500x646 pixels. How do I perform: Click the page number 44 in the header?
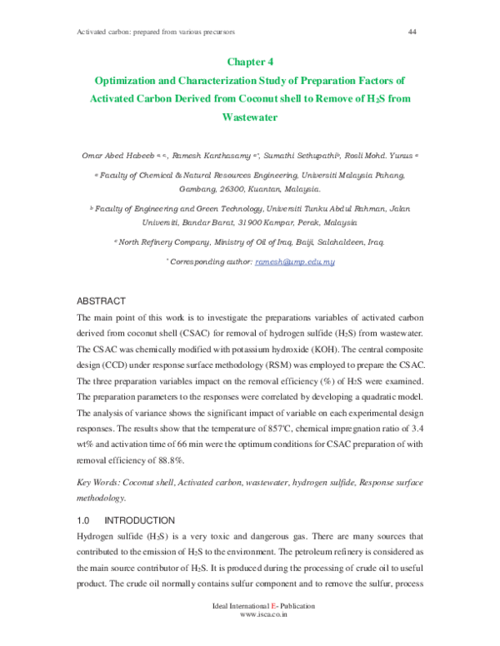(x=412, y=32)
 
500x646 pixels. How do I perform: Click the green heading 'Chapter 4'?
(x=249, y=62)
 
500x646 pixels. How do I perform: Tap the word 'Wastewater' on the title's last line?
(x=249, y=117)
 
